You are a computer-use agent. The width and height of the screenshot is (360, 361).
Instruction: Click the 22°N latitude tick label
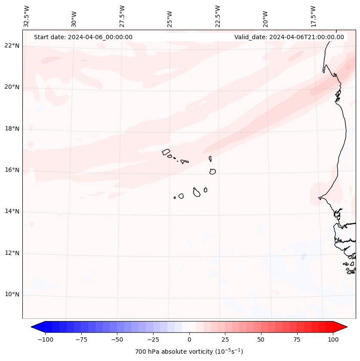coord(12,46)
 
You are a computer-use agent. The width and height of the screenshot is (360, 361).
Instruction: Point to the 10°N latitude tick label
coord(12,295)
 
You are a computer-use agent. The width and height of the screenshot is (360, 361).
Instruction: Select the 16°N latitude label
coord(12,170)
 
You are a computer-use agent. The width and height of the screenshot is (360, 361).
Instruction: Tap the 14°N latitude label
coord(12,212)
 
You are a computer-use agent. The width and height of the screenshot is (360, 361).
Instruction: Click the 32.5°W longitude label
coord(27,16)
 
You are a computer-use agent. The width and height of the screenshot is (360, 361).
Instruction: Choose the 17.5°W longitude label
coord(314,16)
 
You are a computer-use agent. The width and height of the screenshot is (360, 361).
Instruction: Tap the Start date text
coord(83,37)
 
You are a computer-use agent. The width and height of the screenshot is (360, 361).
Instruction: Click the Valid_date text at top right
coord(289,37)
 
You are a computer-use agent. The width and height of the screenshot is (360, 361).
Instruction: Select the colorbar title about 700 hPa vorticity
coord(189,352)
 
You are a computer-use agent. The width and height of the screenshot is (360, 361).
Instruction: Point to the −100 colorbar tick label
coord(45,340)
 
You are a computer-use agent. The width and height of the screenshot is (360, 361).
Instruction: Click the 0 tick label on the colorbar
coord(189,340)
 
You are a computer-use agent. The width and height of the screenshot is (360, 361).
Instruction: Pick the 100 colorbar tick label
coord(333,340)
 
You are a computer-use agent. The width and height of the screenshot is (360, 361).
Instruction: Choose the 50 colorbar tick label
coord(261,340)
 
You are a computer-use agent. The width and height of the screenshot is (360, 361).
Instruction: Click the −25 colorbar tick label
coord(153,340)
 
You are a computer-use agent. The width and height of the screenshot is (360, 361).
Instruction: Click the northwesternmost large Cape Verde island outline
coord(166,151)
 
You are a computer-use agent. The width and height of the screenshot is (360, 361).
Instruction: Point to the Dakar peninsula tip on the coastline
coord(319,198)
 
